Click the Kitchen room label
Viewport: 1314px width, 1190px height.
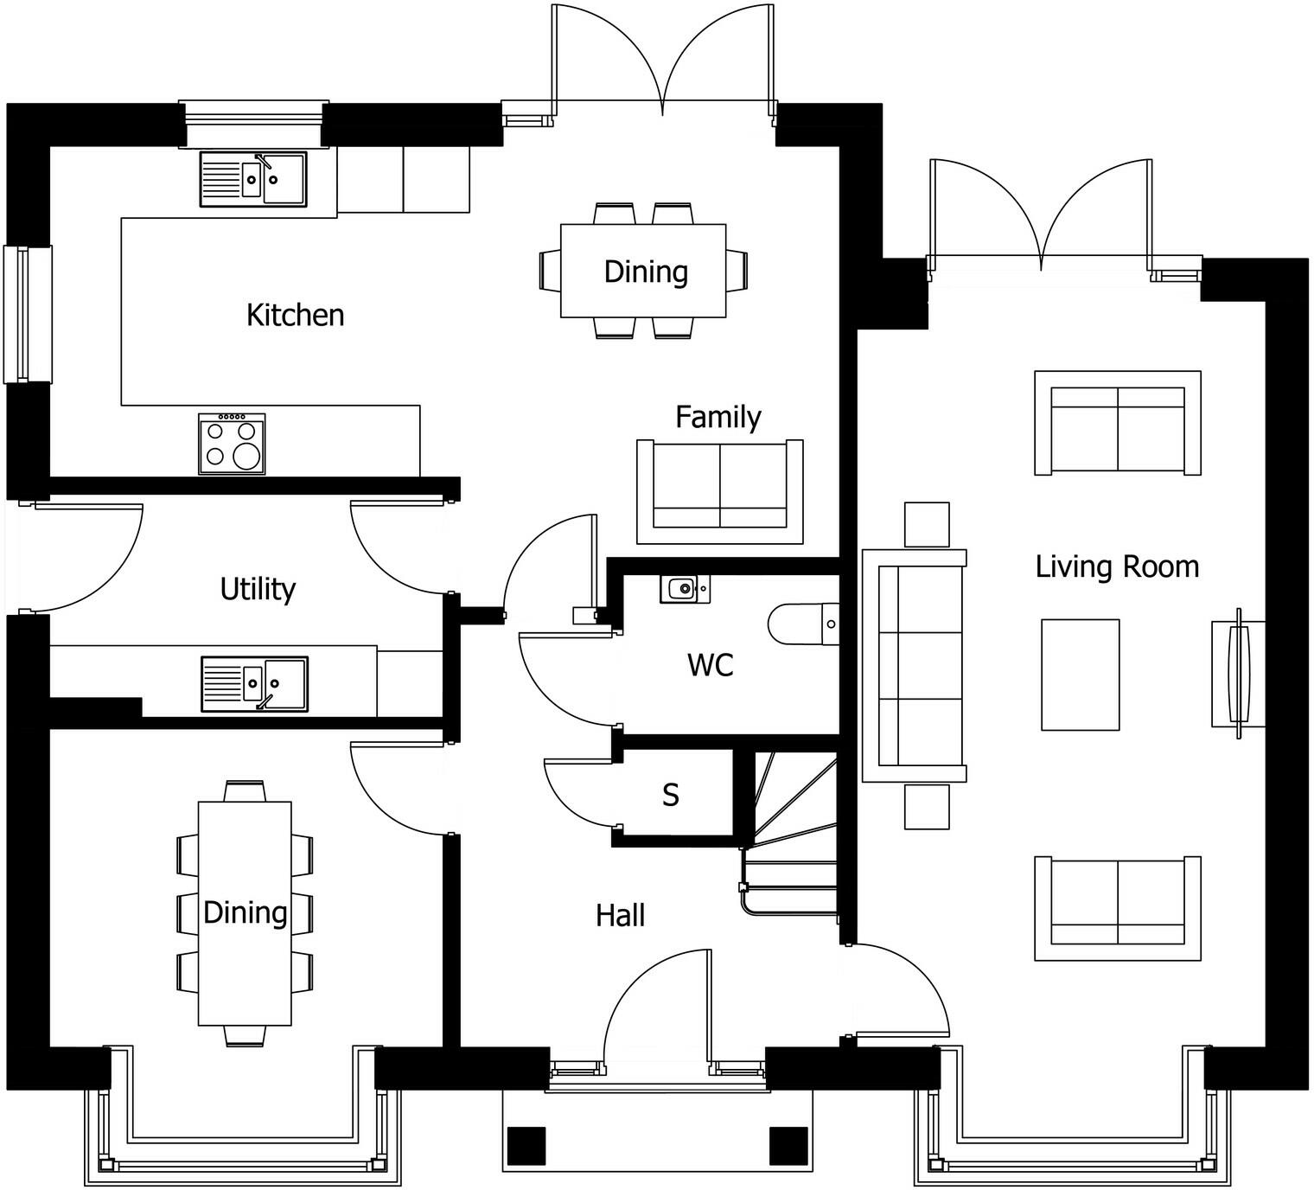[295, 315]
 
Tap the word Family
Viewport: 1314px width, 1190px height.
[718, 417]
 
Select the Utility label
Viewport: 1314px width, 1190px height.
[258, 589]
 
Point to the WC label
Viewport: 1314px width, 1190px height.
[710, 665]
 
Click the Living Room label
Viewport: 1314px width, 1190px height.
[1117, 567]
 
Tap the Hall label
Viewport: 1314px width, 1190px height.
[620, 915]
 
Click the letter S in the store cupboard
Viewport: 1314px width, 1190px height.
[671, 795]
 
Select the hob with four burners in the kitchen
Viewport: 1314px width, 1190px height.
[232, 444]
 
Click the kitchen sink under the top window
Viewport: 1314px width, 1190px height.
[253, 179]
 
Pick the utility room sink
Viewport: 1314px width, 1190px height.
[254, 683]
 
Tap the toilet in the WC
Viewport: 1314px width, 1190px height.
[802, 624]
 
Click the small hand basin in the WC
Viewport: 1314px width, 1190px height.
[685, 589]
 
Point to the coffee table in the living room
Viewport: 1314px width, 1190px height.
[1080, 675]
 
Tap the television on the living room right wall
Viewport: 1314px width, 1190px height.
[1238, 673]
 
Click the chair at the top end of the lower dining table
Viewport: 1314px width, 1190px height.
[245, 790]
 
